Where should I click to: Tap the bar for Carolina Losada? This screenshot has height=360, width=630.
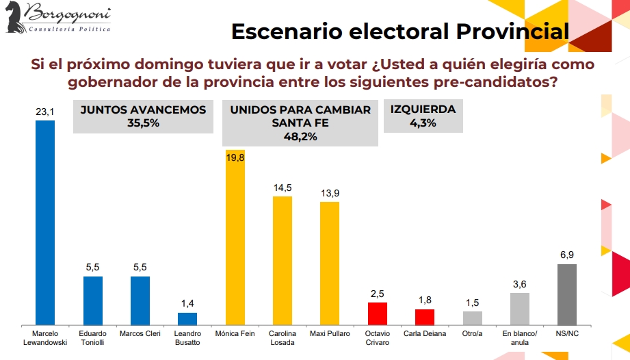283,260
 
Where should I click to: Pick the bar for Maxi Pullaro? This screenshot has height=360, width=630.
330,263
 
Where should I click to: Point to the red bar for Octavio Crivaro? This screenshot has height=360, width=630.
377,313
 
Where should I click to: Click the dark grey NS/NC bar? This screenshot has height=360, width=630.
567,294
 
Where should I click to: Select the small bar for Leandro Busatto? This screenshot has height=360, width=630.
187,318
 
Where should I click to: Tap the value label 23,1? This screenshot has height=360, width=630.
44,112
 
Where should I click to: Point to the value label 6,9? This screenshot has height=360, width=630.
567,255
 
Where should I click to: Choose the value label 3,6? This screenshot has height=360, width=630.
520,283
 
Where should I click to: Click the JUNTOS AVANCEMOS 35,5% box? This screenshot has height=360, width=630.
143,116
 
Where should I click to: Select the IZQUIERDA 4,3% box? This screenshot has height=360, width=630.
423,116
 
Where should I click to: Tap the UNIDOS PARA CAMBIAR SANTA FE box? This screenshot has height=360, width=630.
301,123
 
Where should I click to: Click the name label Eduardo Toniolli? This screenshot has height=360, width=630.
92,338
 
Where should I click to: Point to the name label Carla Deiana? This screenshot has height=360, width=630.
425,334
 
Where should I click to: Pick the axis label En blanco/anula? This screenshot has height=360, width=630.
520,338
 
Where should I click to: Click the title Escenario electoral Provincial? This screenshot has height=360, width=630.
399,31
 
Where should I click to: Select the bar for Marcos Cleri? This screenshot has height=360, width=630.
140,300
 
